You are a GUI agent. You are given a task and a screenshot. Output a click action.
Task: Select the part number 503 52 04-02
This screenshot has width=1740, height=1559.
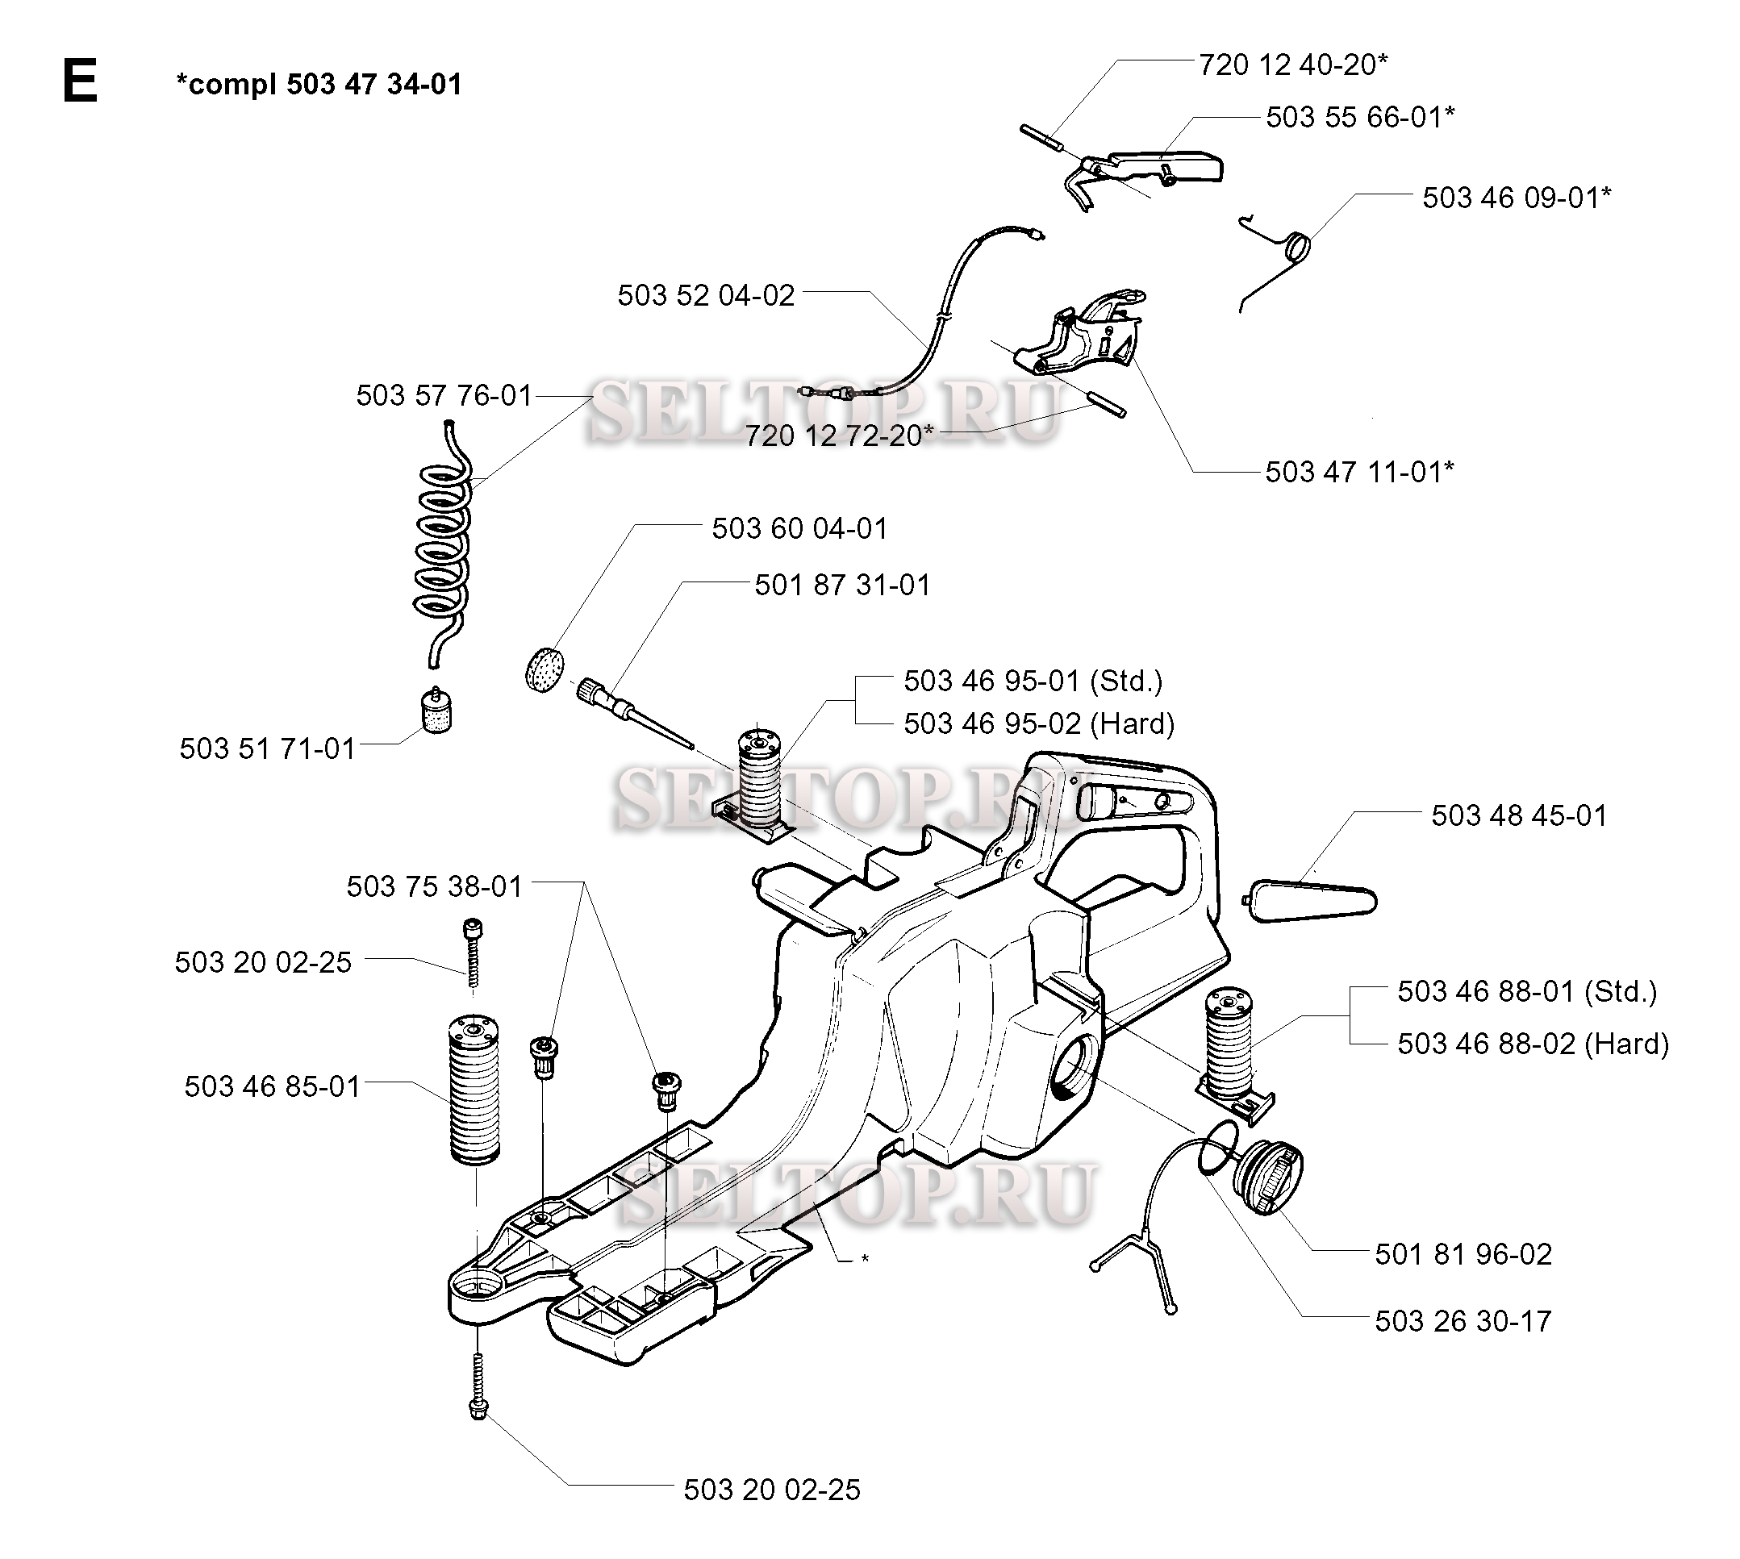(x=706, y=295)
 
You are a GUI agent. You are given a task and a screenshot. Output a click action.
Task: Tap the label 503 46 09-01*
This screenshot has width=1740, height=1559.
(x=1517, y=198)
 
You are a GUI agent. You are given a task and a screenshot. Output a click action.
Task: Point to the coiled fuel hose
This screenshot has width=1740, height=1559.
(x=443, y=544)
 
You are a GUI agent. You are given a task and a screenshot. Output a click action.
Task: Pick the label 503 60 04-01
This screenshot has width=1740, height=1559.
(x=799, y=528)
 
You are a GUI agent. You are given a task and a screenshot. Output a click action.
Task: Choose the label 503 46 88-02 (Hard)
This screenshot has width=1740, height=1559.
(x=1533, y=1044)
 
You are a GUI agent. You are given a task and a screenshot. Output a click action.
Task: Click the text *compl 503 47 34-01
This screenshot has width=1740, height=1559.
(x=319, y=84)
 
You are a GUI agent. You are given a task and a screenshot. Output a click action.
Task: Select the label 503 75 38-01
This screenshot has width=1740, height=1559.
(x=434, y=886)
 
